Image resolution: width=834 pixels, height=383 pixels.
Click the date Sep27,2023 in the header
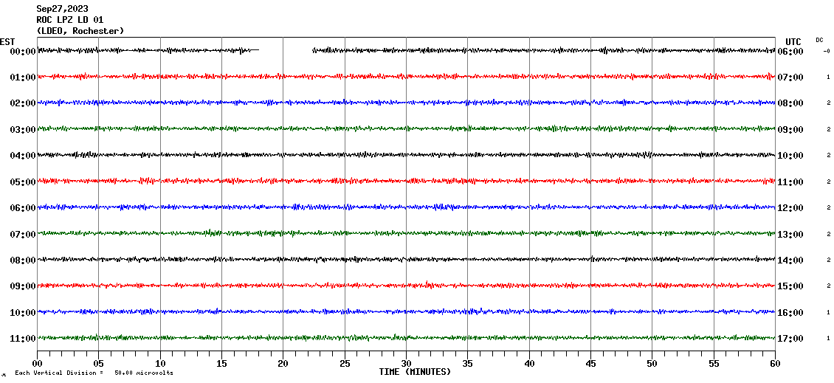click(x=62, y=9)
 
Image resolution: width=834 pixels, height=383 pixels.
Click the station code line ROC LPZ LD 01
click(x=70, y=20)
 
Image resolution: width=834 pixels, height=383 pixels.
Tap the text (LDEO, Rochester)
click(x=80, y=31)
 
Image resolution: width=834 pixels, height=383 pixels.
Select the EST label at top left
click(x=7, y=41)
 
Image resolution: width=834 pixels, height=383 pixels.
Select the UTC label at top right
click(x=793, y=41)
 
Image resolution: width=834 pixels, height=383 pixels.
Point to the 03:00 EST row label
click(x=22, y=130)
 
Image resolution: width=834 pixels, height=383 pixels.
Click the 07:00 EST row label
click(x=22, y=235)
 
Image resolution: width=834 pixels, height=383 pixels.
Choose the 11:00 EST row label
click(x=22, y=339)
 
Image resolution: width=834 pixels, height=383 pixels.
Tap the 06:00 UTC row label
click(x=790, y=52)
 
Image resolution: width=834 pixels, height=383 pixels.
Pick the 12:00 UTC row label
click(x=790, y=208)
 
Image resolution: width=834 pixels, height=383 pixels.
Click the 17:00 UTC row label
click(x=790, y=339)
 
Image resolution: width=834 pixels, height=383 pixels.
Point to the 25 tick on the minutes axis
click(x=345, y=363)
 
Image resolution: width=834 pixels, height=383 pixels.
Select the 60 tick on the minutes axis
click(x=774, y=363)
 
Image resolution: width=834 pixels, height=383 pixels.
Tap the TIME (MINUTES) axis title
click(x=415, y=372)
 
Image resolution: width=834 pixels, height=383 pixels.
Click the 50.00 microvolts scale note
click(x=143, y=373)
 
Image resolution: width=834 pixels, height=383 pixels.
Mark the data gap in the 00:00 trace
click(x=286, y=50)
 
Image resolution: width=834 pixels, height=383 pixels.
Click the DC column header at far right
click(x=819, y=40)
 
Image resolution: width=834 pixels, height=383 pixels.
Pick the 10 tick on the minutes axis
click(x=160, y=363)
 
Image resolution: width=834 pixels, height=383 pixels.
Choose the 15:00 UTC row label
click(x=790, y=286)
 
